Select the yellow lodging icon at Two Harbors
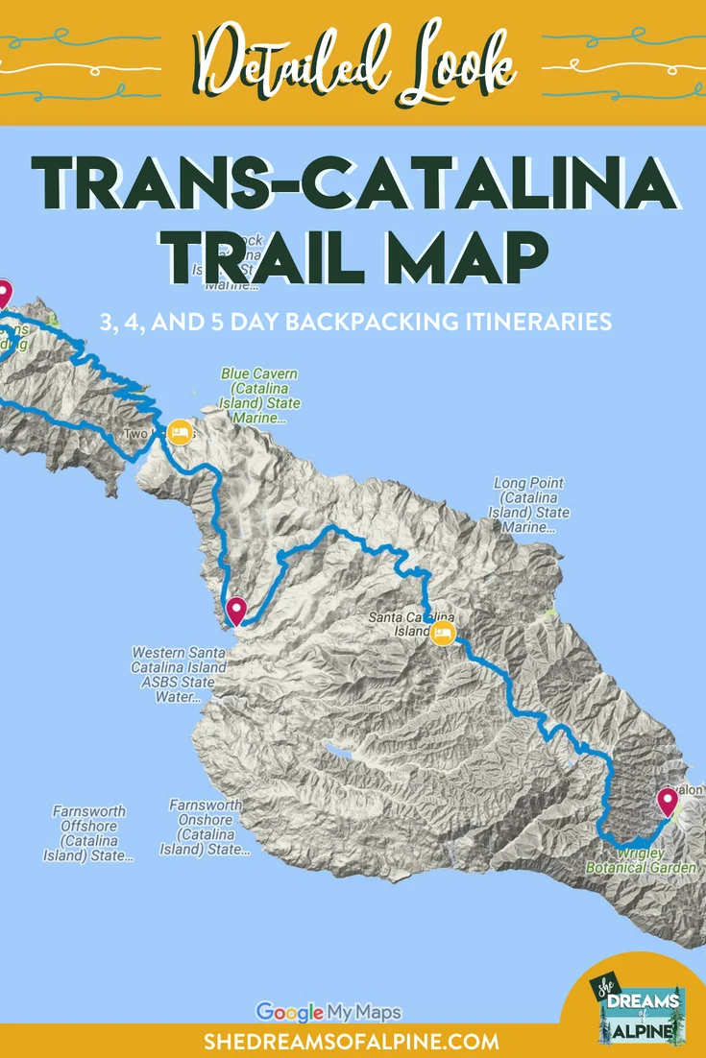(x=179, y=432)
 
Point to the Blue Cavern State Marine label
(x=258, y=396)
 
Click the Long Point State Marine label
(x=529, y=505)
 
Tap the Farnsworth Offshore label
(x=88, y=833)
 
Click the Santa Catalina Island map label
(x=411, y=625)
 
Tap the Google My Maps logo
(x=329, y=1011)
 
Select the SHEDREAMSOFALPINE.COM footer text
(x=353, y=1041)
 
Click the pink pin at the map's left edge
(x=4, y=294)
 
